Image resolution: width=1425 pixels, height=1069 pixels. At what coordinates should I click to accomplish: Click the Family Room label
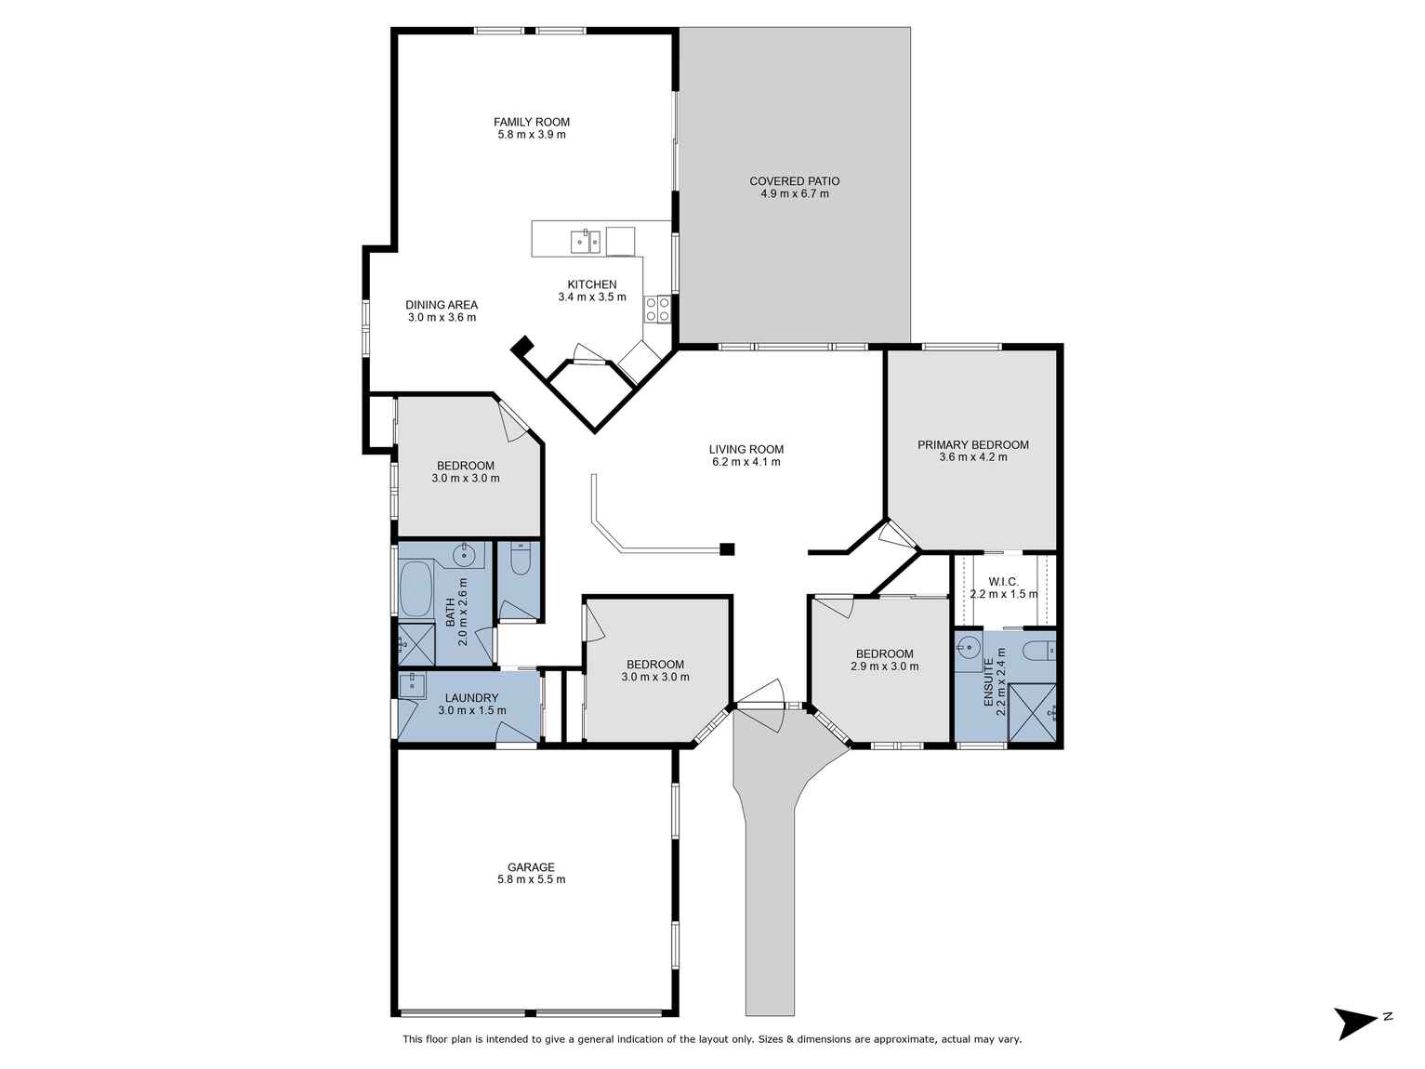point(531,122)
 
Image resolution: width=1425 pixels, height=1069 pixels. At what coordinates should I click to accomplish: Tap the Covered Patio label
point(794,181)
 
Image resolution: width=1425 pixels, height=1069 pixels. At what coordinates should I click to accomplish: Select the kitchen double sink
point(586,242)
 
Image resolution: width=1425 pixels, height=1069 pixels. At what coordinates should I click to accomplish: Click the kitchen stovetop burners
point(657,309)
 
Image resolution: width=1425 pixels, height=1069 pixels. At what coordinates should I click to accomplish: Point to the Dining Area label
point(442,304)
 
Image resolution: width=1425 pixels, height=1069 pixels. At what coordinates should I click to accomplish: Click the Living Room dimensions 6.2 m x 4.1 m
point(745,461)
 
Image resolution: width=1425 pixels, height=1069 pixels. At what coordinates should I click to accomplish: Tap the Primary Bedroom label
point(972,444)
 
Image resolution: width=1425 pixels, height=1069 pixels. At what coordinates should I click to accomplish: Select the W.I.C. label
point(1003,581)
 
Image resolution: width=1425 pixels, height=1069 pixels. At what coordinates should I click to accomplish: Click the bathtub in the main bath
point(416,589)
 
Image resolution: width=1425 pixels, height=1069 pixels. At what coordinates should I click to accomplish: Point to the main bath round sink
point(465,554)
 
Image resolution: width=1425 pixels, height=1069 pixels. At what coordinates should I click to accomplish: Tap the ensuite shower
point(1032,712)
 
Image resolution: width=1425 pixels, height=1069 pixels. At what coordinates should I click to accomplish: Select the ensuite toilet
point(1039,650)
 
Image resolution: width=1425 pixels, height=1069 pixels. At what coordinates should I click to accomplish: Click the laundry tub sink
point(412,685)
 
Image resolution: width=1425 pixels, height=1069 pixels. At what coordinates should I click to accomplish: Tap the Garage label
point(531,867)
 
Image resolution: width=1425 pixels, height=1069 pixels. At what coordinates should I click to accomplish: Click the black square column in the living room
point(727,549)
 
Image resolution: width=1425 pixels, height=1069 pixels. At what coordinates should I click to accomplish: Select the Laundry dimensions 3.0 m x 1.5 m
point(472,710)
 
